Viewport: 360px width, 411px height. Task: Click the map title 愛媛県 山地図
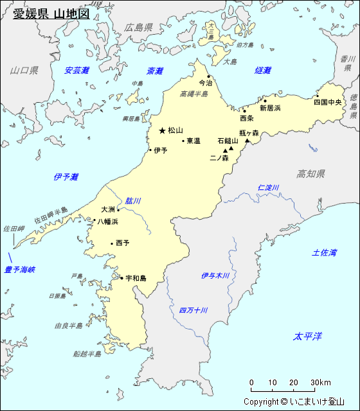coord(51,13)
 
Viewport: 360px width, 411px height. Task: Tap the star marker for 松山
coord(162,130)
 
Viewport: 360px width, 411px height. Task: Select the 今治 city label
coord(204,83)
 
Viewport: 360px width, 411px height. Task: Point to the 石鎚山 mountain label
coord(227,141)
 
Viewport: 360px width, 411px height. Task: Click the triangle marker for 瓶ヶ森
coord(248,140)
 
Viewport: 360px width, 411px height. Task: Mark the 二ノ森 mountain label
coord(219,157)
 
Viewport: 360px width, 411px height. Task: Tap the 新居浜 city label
coord(270,108)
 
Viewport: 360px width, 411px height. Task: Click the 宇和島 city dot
coord(122,278)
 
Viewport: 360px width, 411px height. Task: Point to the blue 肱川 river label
coord(133,200)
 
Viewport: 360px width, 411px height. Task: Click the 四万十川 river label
coord(194,311)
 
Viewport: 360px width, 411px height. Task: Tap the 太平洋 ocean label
coord(307,336)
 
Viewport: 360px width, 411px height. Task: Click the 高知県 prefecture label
coord(310,174)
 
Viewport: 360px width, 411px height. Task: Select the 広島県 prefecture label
coord(139,28)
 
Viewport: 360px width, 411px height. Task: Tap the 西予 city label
coord(122,243)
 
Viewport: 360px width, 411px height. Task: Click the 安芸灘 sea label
coord(76,71)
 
